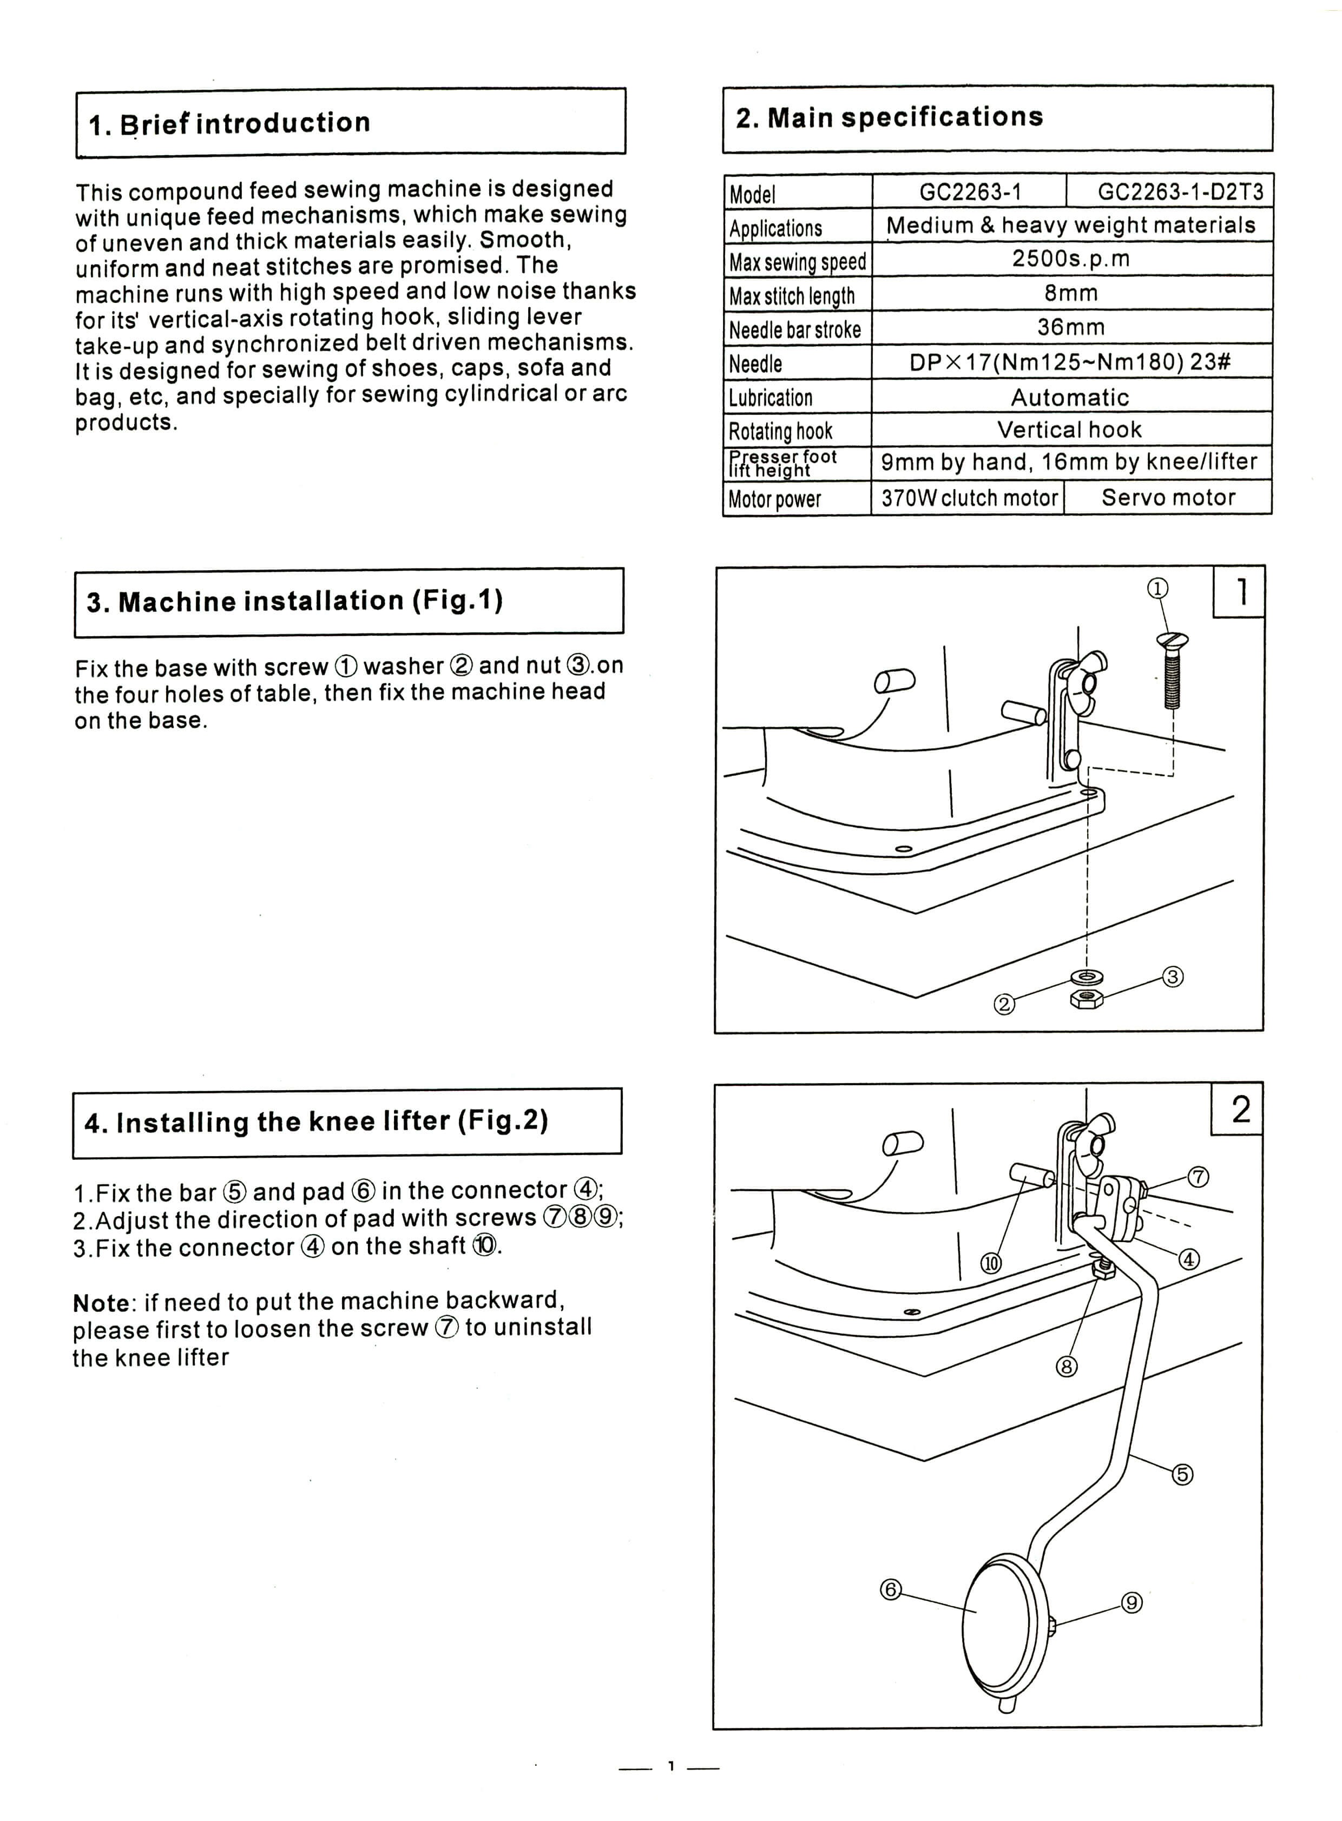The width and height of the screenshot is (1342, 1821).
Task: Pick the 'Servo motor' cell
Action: pyautogui.click(x=1168, y=497)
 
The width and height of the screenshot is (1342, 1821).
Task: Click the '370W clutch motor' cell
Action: pyautogui.click(x=969, y=498)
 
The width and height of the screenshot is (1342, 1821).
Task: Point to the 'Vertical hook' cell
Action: pyautogui.click(x=1069, y=430)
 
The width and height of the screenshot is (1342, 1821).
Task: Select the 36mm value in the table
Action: pyautogui.click(x=1071, y=327)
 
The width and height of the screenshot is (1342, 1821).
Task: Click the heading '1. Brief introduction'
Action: pyautogui.click(x=229, y=123)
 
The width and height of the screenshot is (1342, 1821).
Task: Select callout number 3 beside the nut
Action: pyautogui.click(x=1172, y=977)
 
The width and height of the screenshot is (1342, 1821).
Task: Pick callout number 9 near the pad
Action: pyautogui.click(x=1132, y=1602)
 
